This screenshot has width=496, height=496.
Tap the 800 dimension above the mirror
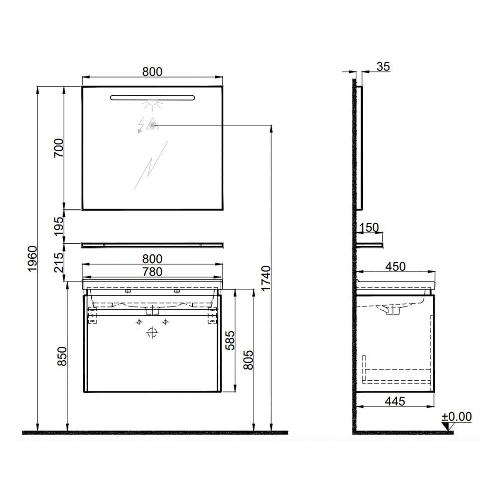coord(152,71)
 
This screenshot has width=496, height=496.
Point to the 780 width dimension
coord(152,271)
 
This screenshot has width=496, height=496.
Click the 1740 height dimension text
coord(266,279)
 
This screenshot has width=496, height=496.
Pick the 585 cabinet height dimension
coord(229,341)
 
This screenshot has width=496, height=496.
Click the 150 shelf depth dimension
coord(369,228)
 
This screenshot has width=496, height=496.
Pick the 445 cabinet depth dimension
coord(395,401)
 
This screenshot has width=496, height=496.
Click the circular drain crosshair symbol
coord(152,332)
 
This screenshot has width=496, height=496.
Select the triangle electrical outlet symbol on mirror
coord(151,125)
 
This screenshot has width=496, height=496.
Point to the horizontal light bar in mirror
coord(152,97)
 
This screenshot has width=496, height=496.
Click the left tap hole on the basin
coord(127,291)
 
